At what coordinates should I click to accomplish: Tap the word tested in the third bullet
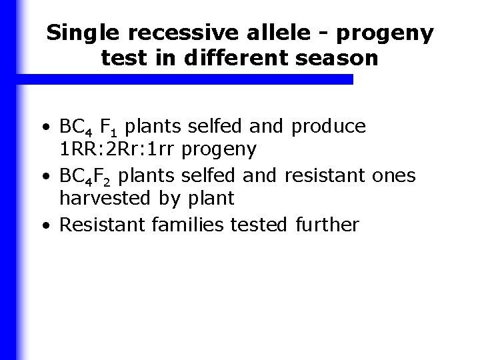click(x=260, y=224)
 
